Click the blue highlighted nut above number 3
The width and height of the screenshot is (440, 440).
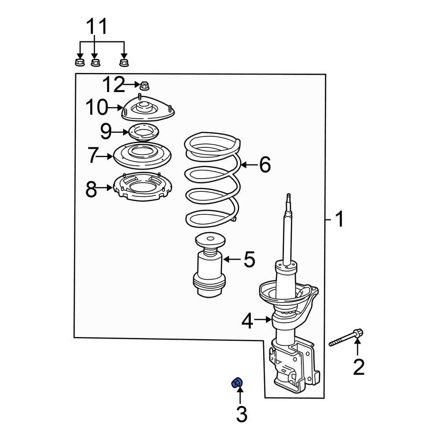(x=237, y=383)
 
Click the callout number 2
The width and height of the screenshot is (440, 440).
(x=359, y=367)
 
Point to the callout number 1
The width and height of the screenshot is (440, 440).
(x=339, y=219)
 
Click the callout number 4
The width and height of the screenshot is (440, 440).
(x=248, y=322)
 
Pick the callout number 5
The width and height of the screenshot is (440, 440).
(x=249, y=260)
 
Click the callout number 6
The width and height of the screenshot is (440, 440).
(x=264, y=165)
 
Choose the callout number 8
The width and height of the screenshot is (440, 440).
(x=91, y=190)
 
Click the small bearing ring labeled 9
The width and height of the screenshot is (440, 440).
(x=142, y=132)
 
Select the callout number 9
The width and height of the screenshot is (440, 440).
(x=106, y=131)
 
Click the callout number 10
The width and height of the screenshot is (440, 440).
(x=96, y=107)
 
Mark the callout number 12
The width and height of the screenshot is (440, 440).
(x=114, y=84)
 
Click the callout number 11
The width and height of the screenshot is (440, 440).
(x=96, y=27)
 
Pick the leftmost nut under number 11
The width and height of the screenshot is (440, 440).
(x=79, y=61)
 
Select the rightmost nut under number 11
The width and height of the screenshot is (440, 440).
(x=124, y=62)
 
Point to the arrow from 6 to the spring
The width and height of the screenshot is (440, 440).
(x=249, y=165)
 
